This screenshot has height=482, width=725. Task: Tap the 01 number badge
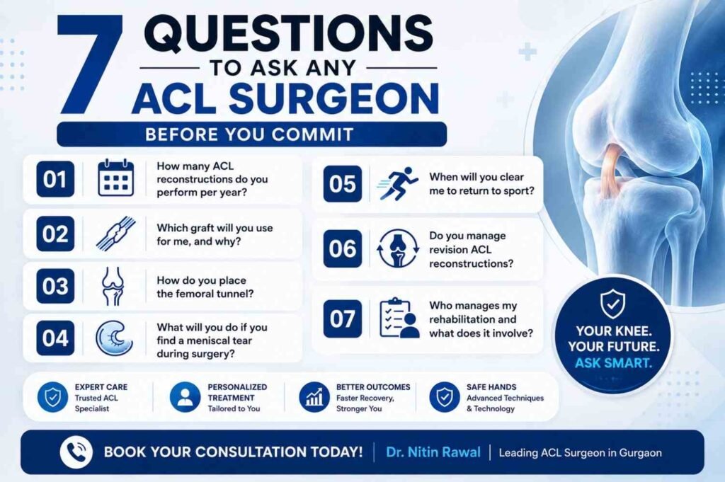pyautogui.click(x=55, y=179)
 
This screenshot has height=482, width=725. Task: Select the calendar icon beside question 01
pyautogui.click(x=115, y=178)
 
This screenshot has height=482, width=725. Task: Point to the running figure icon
pyautogui.click(x=397, y=183)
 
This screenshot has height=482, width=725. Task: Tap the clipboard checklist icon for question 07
pyautogui.click(x=399, y=318)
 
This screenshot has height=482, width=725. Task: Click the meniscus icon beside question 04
pyautogui.click(x=114, y=338)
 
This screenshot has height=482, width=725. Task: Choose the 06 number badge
pyautogui.click(x=342, y=248)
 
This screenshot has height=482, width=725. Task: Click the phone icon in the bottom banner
pyautogui.click(x=76, y=452)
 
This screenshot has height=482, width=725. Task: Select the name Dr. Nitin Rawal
pyautogui.click(x=433, y=452)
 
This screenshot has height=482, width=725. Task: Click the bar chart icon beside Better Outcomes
pyautogui.click(x=314, y=397)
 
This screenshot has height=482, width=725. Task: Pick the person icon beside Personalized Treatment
pyautogui.click(x=185, y=397)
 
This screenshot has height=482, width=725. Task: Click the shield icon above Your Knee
pyautogui.click(x=612, y=304)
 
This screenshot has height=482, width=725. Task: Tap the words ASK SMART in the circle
pyautogui.click(x=613, y=363)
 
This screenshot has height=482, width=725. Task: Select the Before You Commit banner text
pyautogui.click(x=249, y=134)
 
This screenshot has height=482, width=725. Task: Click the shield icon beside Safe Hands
pyautogui.click(x=445, y=397)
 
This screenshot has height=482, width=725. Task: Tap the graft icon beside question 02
pyautogui.click(x=115, y=234)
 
